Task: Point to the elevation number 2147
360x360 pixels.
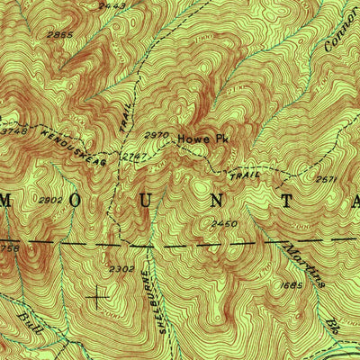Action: pos(135,156)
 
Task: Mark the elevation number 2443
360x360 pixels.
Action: pos(112,6)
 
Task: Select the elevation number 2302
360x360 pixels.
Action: pos(121,268)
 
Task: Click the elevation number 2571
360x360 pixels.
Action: pos(326,179)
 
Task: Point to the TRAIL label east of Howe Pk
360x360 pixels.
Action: pos(244,170)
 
